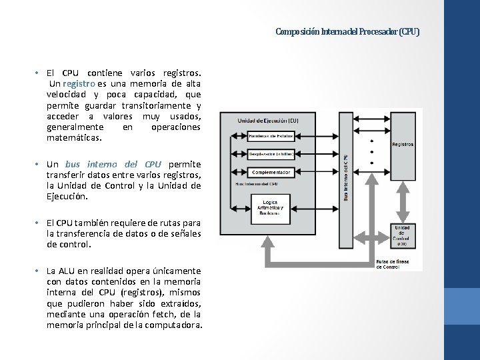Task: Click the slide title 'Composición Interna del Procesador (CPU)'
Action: pos(347,31)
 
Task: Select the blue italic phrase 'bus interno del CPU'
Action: pos(113,164)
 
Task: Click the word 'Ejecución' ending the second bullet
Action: pos(67,197)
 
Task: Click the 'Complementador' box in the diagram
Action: pos(271,172)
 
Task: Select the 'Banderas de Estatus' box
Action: pos(271,135)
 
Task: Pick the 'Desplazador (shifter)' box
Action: pos(271,153)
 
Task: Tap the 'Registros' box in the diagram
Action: pos(401,145)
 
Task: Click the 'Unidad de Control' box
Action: pos(401,234)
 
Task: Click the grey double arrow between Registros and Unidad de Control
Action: pos(401,204)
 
